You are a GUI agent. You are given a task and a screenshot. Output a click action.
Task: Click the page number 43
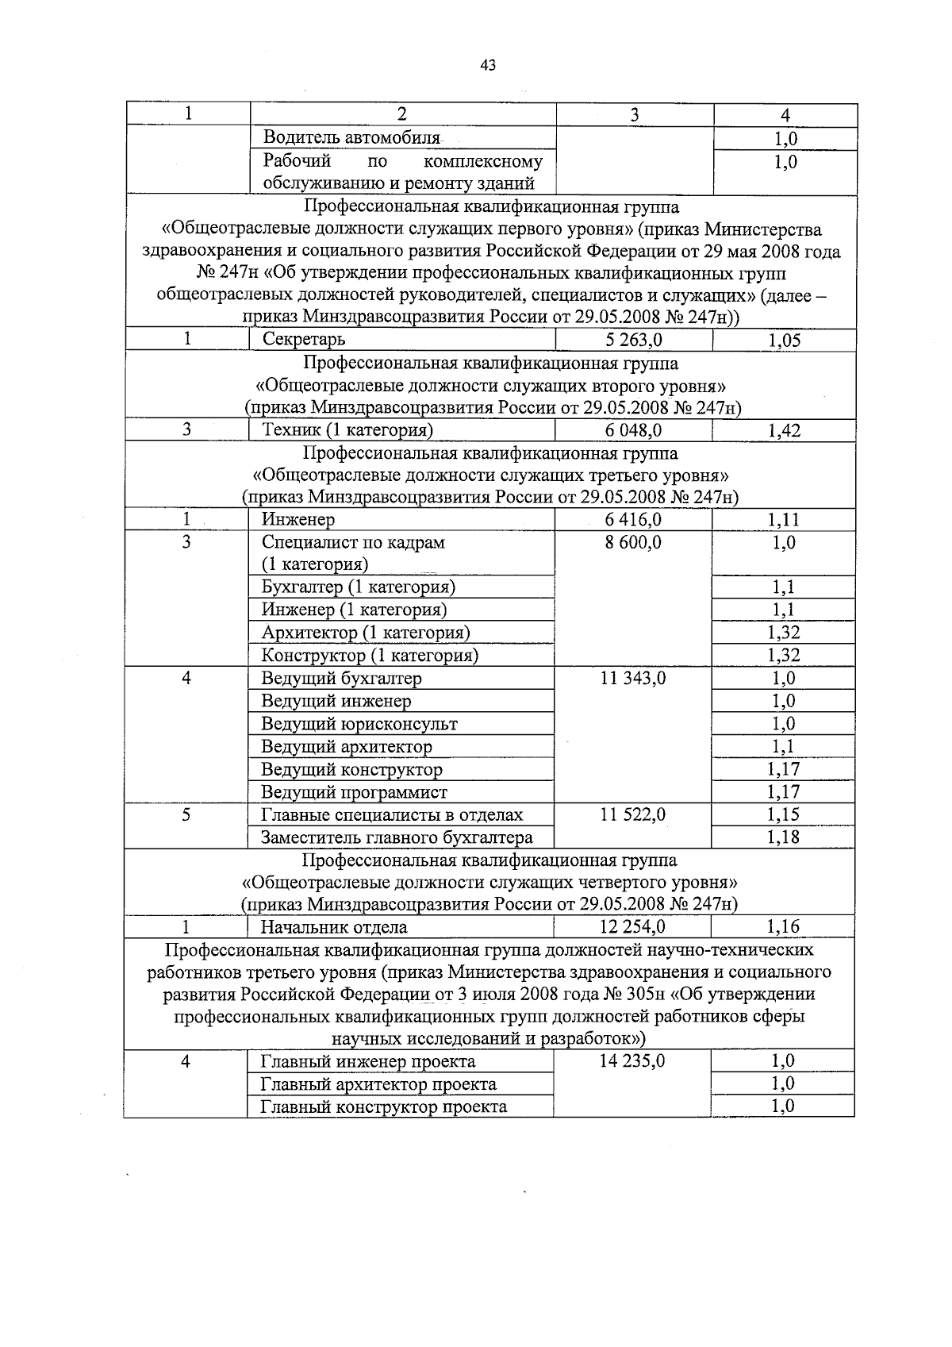click(489, 66)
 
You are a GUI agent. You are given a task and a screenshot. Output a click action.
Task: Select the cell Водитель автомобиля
click(351, 138)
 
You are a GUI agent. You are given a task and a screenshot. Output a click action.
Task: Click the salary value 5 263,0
click(633, 341)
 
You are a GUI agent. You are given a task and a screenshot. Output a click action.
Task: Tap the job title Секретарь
click(304, 340)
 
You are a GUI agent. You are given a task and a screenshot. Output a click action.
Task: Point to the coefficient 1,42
click(784, 431)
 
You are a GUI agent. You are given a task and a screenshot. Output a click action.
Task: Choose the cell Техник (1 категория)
click(347, 430)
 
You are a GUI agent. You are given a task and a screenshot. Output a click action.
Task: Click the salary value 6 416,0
click(633, 520)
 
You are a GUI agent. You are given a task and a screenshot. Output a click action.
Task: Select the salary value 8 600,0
click(633, 543)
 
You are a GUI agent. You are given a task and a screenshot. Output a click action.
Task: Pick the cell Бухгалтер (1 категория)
click(358, 587)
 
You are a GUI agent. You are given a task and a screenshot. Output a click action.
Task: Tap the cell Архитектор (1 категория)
click(366, 633)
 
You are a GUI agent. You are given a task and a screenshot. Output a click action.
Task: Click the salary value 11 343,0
click(633, 679)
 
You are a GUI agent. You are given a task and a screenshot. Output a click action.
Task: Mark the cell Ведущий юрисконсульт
click(359, 724)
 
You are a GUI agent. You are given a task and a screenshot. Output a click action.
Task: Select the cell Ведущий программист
click(355, 792)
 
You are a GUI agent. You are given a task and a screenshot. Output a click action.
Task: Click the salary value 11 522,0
click(633, 815)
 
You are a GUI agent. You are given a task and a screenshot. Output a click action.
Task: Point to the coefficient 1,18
click(784, 837)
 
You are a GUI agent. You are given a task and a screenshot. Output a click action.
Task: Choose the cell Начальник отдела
click(334, 927)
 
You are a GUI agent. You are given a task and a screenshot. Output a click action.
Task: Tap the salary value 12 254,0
click(633, 927)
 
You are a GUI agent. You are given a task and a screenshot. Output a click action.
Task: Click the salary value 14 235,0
click(633, 1062)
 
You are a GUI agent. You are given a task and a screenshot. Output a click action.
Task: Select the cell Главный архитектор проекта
click(378, 1084)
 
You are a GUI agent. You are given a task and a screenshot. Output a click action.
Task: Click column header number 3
click(635, 115)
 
